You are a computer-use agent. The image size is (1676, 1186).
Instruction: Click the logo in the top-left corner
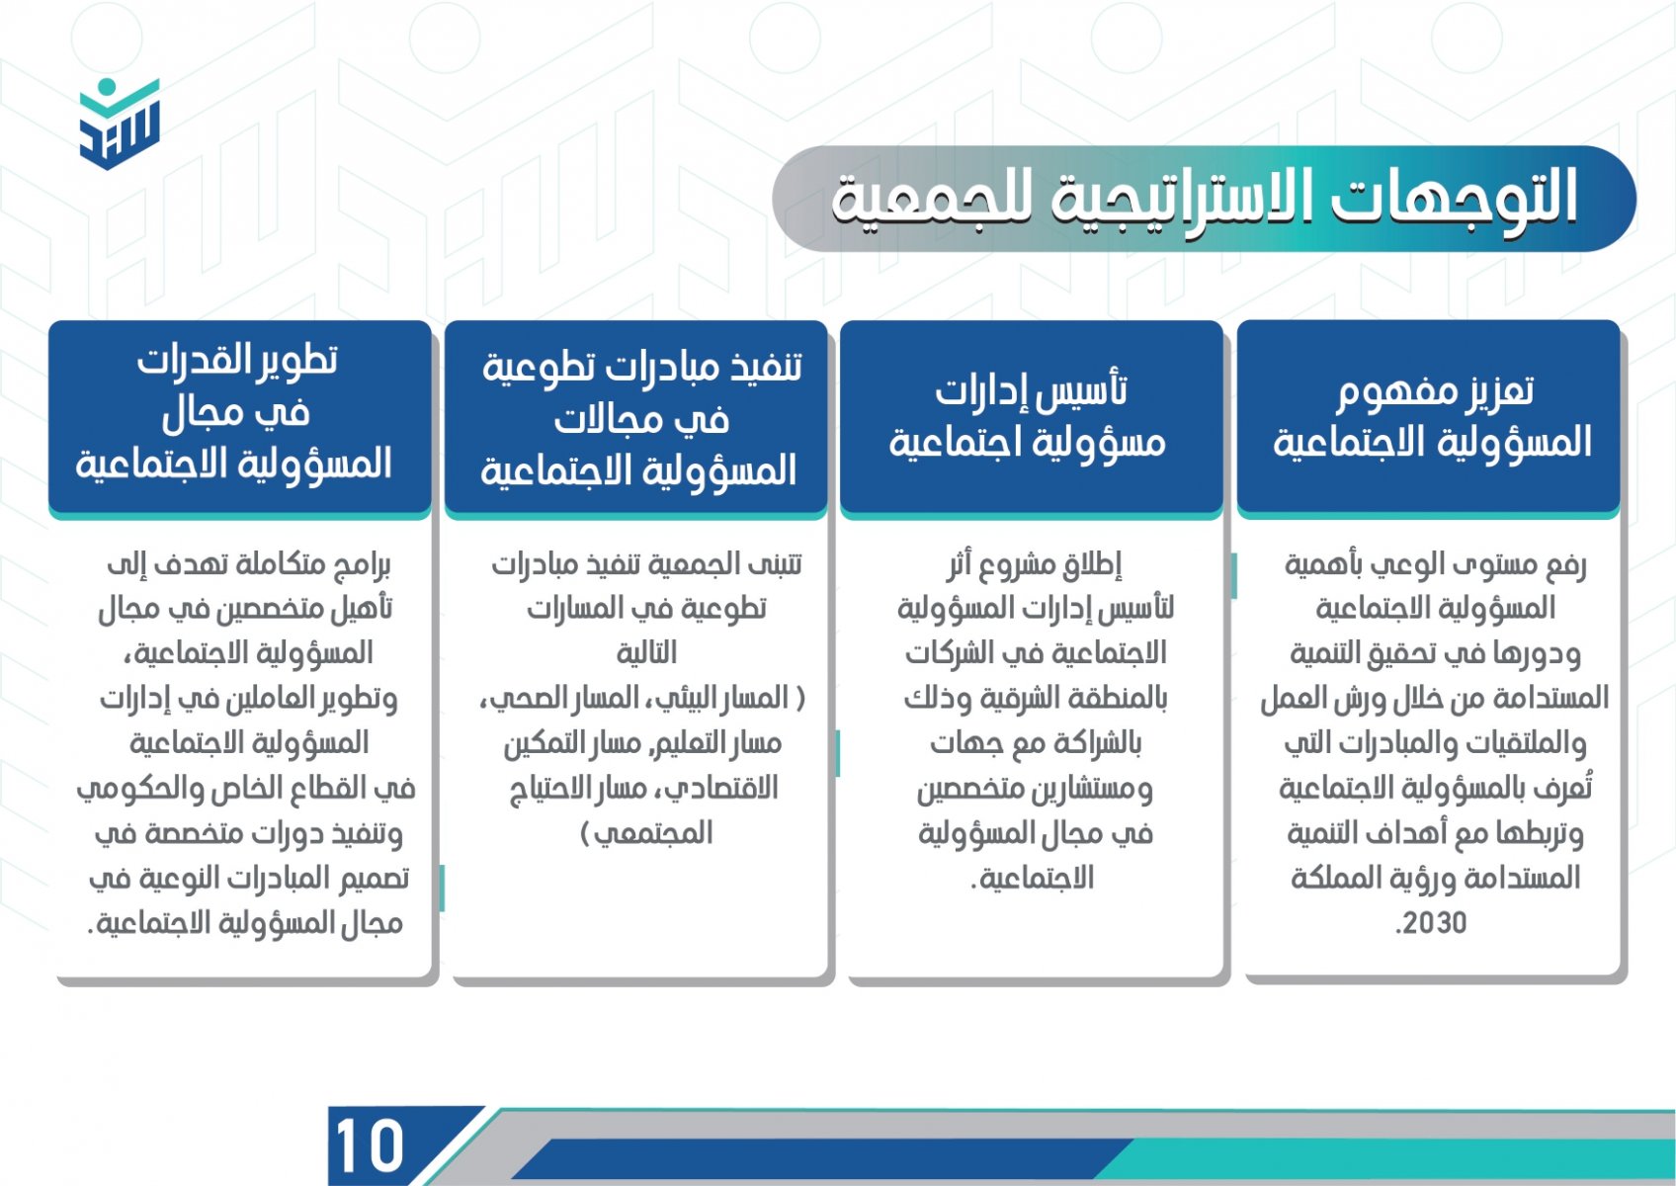click(x=120, y=124)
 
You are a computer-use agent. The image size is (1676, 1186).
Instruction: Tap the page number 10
click(x=369, y=1145)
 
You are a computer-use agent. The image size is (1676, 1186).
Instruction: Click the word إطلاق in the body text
click(x=1088, y=564)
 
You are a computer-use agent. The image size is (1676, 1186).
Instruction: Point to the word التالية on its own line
click(x=646, y=653)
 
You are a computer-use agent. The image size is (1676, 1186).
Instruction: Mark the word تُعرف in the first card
click(x=1567, y=787)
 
